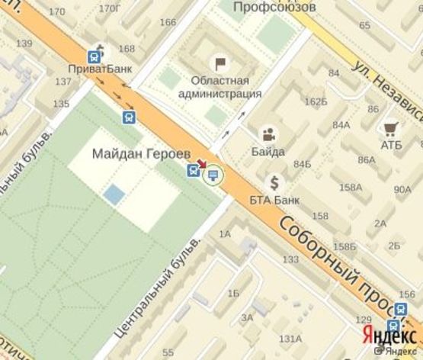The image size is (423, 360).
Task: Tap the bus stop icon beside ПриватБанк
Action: [x=95, y=56]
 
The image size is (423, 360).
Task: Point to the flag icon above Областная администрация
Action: [x=221, y=63]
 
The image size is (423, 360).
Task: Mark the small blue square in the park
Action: [x=114, y=194]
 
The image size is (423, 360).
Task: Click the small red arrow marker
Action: [x=202, y=165]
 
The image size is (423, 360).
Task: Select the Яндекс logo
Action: [x=383, y=336]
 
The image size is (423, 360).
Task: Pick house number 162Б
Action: [x=315, y=101]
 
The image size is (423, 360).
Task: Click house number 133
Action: [x=290, y=259]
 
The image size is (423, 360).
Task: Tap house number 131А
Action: [x=290, y=339]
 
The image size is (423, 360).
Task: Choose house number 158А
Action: [x=351, y=187]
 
